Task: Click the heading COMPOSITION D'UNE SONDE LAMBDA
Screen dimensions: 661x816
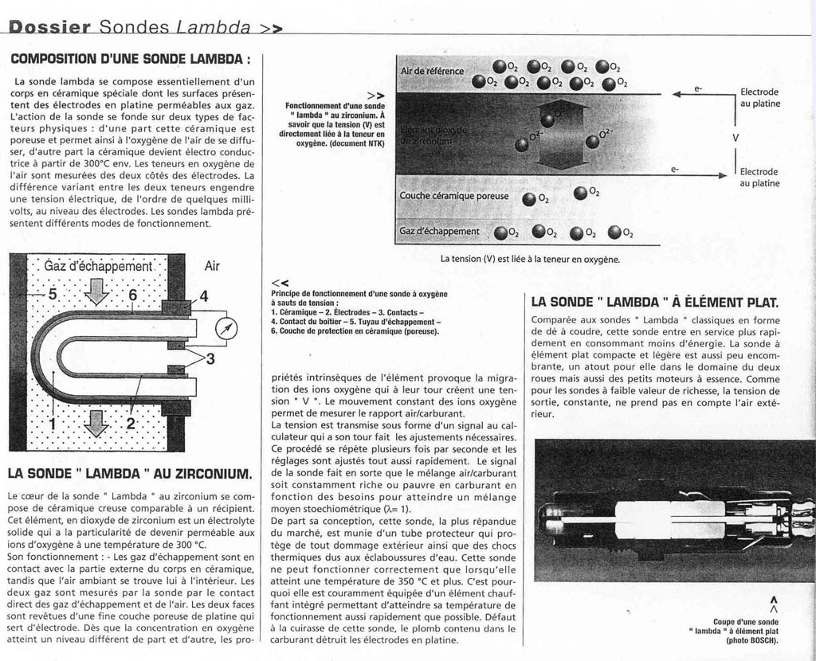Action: [x=131, y=59]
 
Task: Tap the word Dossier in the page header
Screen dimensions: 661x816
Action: [x=49, y=26]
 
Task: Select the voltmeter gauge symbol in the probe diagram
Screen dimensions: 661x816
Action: [x=227, y=327]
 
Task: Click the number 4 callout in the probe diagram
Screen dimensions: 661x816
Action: [x=204, y=296]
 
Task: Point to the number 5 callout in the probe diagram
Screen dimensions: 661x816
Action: [x=53, y=294]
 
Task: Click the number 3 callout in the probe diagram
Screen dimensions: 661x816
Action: [x=210, y=358]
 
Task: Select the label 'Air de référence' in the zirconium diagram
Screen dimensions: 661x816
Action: [x=432, y=71]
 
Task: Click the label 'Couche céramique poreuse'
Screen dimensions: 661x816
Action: [x=453, y=196]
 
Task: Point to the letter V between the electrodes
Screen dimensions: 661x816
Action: [x=736, y=137]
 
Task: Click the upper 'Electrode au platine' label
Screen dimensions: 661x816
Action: [x=760, y=97]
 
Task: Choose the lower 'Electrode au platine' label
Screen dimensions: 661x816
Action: [x=760, y=177]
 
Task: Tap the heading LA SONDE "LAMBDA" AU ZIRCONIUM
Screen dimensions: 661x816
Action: [x=129, y=474]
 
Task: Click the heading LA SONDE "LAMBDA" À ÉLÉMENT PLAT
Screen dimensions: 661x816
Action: [x=654, y=302]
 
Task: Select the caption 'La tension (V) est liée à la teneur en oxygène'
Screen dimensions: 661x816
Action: [x=530, y=259]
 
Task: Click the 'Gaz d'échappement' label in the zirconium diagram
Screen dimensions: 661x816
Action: [x=440, y=232]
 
